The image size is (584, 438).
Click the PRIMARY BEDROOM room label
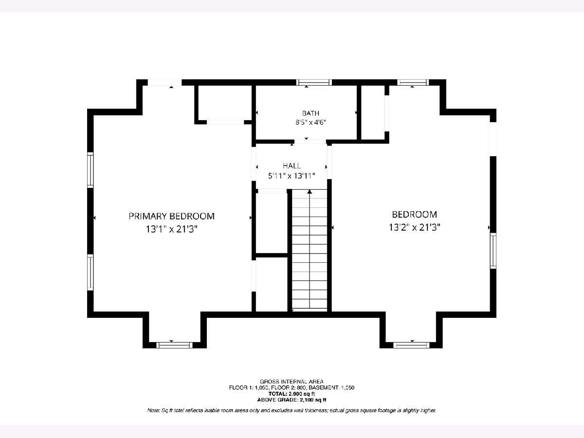(x=172, y=216)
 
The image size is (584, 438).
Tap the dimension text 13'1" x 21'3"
(x=172, y=229)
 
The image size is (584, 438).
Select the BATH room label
(x=311, y=113)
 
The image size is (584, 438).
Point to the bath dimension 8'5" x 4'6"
(x=311, y=122)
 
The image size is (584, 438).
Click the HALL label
(x=292, y=166)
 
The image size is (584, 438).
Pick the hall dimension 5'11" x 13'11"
(x=292, y=176)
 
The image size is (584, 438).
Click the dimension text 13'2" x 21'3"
(x=415, y=227)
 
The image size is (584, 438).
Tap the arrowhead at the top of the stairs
(x=310, y=191)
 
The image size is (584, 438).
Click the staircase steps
(x=310, y=250)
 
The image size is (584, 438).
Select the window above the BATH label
(x=314, y=82)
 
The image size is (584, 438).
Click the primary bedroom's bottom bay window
(x=174, y=345)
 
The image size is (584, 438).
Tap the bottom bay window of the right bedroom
(x=411, y=345)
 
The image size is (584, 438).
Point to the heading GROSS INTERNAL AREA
(x=292, y=382)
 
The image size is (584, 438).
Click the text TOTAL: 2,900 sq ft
(x=292, y=394)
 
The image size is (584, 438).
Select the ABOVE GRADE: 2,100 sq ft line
(x=292, y=400)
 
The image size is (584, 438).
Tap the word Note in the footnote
(x=153, y=411)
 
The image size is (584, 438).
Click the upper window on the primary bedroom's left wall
(x=91, y=170)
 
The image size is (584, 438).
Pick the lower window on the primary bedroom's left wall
(x=91, y=273)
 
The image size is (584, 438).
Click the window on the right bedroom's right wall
(x=493, y=251)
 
